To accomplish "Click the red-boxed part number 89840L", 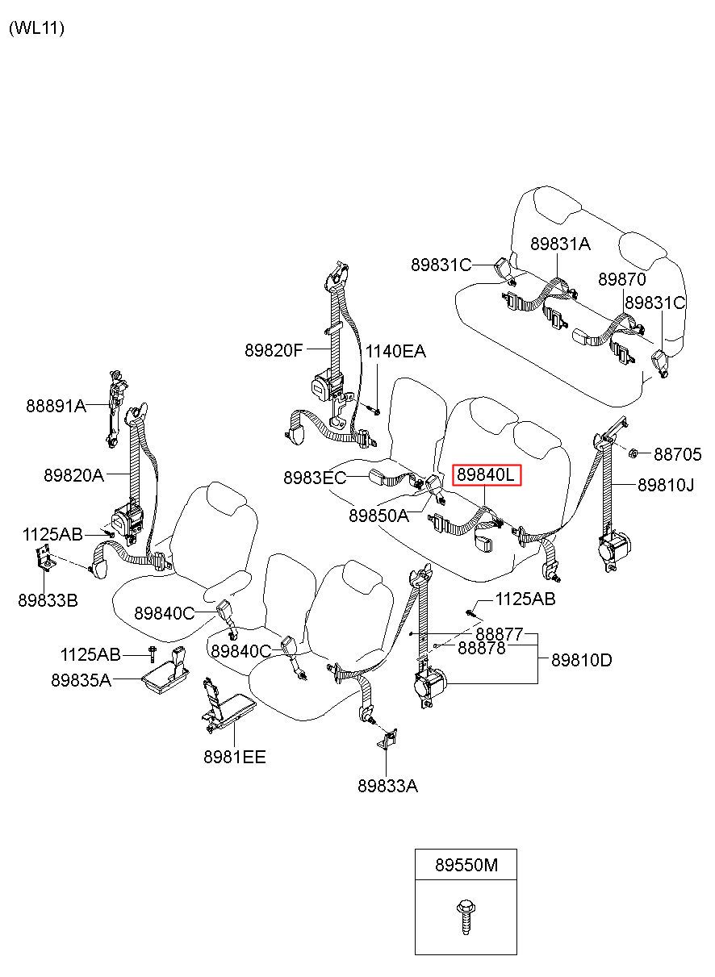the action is [x=487, y=475].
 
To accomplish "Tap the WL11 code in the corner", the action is [x=36, y=28].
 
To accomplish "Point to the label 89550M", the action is [x=466, y=865].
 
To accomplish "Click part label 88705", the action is [x=677, y=454].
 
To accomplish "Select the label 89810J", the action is [x=666, y=485].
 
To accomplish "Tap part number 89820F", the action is [x=274, y=350].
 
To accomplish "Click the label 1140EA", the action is [x=395, y=351].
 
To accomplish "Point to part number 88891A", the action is [x=56, y=406].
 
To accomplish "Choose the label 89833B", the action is [x=48, y=600].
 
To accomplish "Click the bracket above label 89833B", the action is [x=45, y=560].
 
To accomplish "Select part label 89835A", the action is [x=82, y=680].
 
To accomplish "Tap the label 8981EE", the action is [x=235, y=757].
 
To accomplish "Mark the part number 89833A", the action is [x=388, y=786].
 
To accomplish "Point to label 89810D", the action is [x=582, y=660].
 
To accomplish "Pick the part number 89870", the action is [x=621, y=279].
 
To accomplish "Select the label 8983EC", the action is [x=315, y=478].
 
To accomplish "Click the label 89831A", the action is [x=560, y=244].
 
